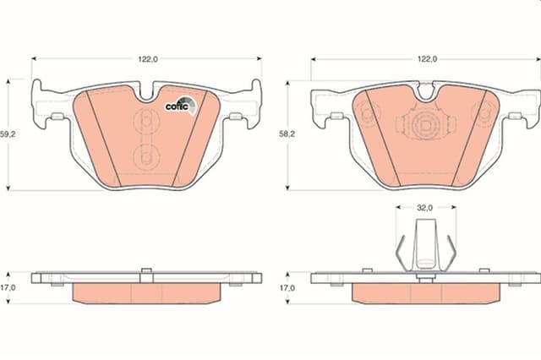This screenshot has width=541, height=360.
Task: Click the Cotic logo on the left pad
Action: [x=180, y=105]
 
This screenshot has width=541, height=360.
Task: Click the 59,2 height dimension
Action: [x=8, y=133]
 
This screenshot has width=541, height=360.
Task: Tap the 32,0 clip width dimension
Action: [x=424, y=207]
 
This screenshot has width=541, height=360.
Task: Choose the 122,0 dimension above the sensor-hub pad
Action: [x=426, y=59]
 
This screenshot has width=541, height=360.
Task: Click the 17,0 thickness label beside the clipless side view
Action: [x=8, y=288]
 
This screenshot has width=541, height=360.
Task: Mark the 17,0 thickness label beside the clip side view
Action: [x=288, y=288]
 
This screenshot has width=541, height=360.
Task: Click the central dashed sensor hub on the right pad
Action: [x=425, y=126]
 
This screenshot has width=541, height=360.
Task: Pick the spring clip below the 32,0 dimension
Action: [x=425, y=245]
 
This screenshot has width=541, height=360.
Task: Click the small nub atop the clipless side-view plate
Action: [x=146, y=270]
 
